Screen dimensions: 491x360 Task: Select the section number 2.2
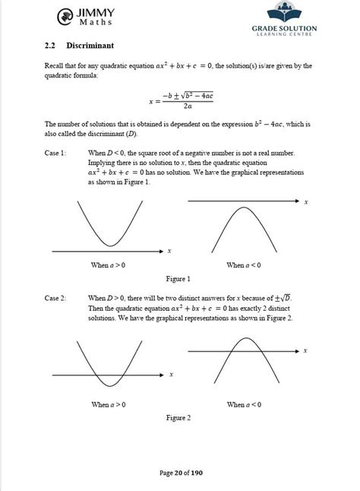[52, 46]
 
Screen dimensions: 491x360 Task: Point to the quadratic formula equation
[179, 100]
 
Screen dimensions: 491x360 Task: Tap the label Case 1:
[56, 154]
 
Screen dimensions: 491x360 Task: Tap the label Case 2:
[56, 298]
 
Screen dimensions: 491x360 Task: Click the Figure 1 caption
[178, 279]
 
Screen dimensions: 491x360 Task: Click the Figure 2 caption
[178, 418]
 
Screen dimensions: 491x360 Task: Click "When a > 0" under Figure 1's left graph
[109, 265]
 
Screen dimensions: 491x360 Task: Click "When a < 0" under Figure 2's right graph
[245, 405]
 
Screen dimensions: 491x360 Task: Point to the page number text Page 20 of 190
[181, 474]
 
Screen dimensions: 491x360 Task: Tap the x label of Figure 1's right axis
[305, 202]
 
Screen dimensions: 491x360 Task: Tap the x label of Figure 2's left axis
[172, 375]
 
